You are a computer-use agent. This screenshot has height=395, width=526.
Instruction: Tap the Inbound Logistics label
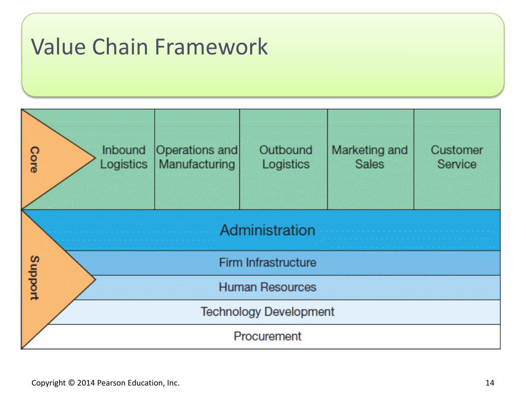pyautogui.click(x=124, y=157)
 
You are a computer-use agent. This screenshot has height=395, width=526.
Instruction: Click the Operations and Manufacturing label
pyautogui.click(x=197, y=157)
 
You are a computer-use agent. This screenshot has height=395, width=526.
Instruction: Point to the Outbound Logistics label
pyautogui.click(x=286, y=157)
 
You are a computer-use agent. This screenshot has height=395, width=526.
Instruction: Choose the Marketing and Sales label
pyautogui.click(x=369, y=157)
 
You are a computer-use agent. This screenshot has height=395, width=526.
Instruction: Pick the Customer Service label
pyautogui.click(x=457, y=157)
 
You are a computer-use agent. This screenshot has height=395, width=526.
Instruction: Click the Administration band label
pyautogui.click(x=267, y=230)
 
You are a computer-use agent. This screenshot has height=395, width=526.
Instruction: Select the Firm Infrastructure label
pyautogui.click(x=267, y=262)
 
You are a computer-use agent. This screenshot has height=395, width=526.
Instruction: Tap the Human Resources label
pyautogui.click(x=267, y=287)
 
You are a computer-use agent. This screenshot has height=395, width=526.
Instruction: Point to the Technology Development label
pyautogui.click(x=267, y=312)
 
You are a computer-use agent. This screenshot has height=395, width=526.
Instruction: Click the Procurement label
pyautogui.click(x=267, y=336)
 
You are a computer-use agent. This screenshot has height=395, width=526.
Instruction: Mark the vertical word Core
pyautogui.click(x=34, y=159)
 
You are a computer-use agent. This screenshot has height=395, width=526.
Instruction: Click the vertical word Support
pyautogui.click(x=34, y=278)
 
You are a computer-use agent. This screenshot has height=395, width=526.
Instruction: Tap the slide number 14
pyautogui.click(x=489, y=383)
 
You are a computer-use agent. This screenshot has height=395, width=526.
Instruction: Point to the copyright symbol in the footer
pyautogui.click(x=71, y=383)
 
